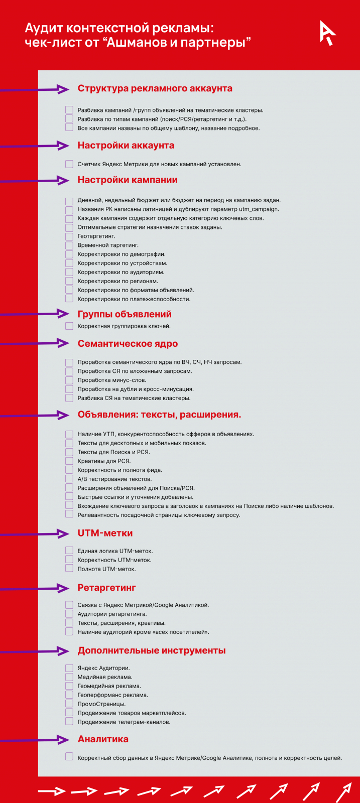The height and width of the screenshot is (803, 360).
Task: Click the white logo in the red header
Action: pos(327,33)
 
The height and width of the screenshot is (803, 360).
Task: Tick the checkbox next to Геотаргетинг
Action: pos(69,236)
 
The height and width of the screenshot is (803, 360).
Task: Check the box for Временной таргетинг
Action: pos(69,245)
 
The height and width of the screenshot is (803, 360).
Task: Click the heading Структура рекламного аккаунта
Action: pos(155,89)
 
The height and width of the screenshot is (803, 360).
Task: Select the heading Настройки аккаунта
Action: pos(126,146)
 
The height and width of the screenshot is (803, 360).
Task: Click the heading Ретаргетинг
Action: pos(106,588)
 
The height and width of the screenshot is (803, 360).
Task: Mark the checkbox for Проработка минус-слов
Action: pos(69,380)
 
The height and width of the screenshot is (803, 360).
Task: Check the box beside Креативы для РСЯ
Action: pos(69,461)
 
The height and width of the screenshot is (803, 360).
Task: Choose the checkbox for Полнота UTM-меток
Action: pos(69,569)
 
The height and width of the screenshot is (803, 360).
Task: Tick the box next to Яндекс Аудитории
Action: pos(69,668)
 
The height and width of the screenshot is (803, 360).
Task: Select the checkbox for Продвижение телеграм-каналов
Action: pos(69,722)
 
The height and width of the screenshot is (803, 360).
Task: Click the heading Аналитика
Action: pos(103,739)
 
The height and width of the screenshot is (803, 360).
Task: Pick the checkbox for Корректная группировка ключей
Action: pos(69,326)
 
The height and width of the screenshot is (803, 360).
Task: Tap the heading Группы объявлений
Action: pos(125,314)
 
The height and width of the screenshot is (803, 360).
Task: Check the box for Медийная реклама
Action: pos(69,677)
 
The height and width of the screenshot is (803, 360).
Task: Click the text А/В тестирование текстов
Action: pos(114,479)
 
